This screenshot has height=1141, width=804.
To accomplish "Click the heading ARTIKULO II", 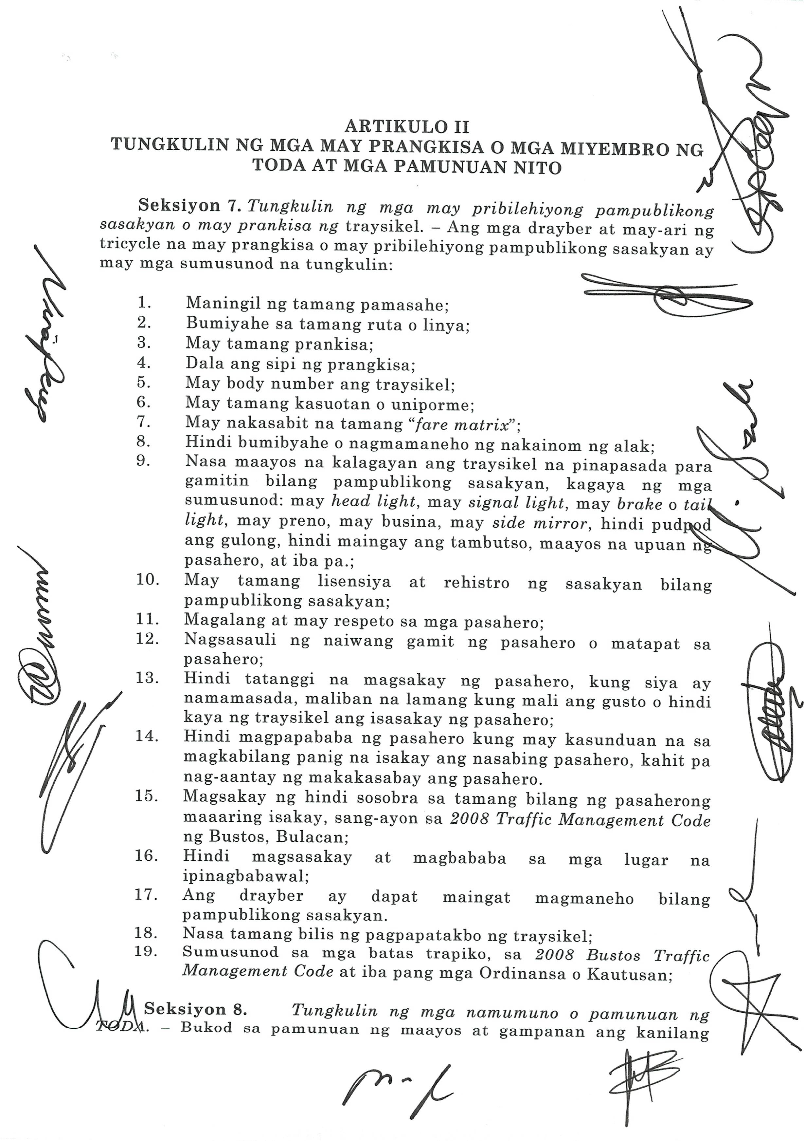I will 407,127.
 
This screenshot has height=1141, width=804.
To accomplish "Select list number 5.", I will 144,382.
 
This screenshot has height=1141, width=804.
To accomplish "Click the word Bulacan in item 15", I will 312,837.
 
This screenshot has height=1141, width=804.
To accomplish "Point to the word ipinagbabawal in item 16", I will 245,877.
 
